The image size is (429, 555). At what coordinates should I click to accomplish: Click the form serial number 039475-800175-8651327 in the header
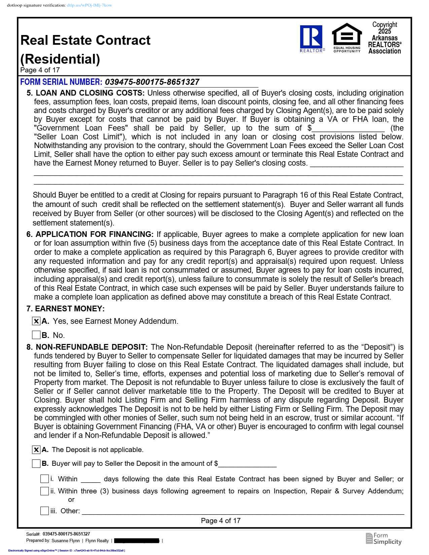click(152, 82)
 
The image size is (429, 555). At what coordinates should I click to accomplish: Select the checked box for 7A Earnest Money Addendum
click(36, 321)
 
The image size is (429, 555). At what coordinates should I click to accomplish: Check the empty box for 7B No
click(36, 335)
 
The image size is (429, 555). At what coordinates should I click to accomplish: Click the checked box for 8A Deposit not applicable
click(36, 450)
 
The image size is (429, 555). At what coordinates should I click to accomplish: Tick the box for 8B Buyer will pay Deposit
click(36, 463)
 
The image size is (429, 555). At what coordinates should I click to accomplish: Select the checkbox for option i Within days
click(44, 479)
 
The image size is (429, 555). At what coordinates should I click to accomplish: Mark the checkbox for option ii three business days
click(44, 491)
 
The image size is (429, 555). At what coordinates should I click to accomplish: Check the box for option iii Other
click(44, 511)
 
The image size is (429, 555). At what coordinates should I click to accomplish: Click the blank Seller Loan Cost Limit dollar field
click(348, 128)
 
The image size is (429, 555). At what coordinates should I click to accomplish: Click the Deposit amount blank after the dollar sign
click(247, 464)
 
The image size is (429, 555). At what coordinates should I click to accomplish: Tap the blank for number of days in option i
click(91, 479)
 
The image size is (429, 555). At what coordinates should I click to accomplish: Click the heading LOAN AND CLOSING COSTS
click(90, 93)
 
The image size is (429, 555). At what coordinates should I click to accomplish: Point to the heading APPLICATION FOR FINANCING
click(94, 234)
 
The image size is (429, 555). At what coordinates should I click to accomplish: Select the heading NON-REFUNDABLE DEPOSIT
click(92, 347)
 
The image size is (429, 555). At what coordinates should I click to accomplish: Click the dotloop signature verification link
click(89, 5)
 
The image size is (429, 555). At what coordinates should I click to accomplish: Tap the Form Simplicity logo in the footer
click(384, 538)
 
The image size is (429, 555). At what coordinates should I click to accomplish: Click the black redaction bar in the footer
click(137, 541)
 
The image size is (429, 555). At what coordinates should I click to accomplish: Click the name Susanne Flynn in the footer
click(66, 541)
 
